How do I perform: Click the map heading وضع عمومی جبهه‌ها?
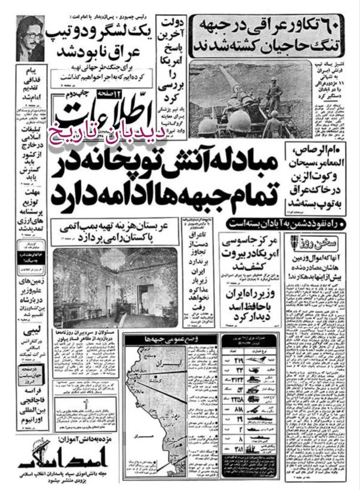171,340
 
